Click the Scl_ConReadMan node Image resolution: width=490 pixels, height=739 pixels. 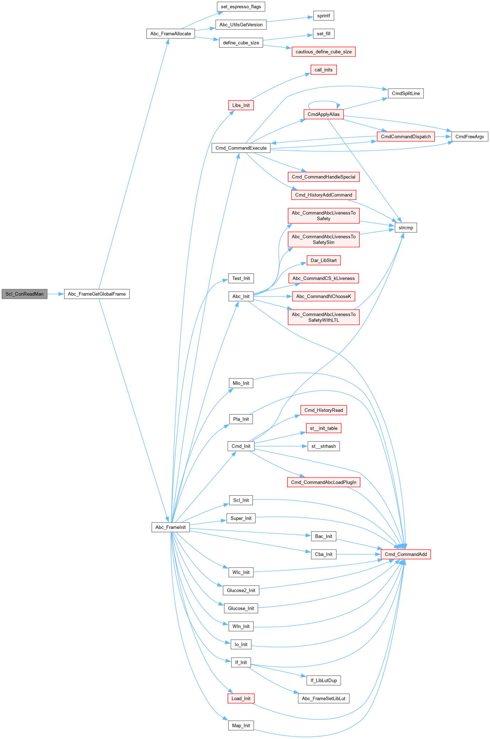click(24, 294)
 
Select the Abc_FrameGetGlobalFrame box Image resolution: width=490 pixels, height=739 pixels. click(97, 294)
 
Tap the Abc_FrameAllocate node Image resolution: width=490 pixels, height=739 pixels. click(170, 34)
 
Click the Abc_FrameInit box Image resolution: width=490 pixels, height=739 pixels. click(170, 527)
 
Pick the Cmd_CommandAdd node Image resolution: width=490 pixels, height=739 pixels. click(406, 554)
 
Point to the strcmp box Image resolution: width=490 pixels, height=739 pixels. click(406, 228)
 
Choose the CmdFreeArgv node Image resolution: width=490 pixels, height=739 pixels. click(469, 137)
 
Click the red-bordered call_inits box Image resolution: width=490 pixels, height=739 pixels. click(323, 70)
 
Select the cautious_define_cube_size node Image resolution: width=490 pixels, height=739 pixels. click(323, 52)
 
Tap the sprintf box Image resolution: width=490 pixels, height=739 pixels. click(323, 16)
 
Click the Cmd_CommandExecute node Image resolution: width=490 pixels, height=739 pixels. click(241, 148)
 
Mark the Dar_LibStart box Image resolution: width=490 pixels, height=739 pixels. click(323, 260)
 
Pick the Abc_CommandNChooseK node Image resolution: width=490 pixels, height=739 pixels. click(323, 296)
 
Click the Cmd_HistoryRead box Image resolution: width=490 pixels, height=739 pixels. click(323, 410)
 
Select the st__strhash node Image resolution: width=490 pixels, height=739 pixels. click(323, 446)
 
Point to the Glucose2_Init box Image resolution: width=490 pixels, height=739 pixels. click(241, 590)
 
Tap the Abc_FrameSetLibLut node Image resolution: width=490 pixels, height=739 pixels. click(323, 698)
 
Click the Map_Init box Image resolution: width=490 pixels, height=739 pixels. click(241, 725)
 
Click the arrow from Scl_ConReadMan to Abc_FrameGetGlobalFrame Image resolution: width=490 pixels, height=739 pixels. click(56, 294)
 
